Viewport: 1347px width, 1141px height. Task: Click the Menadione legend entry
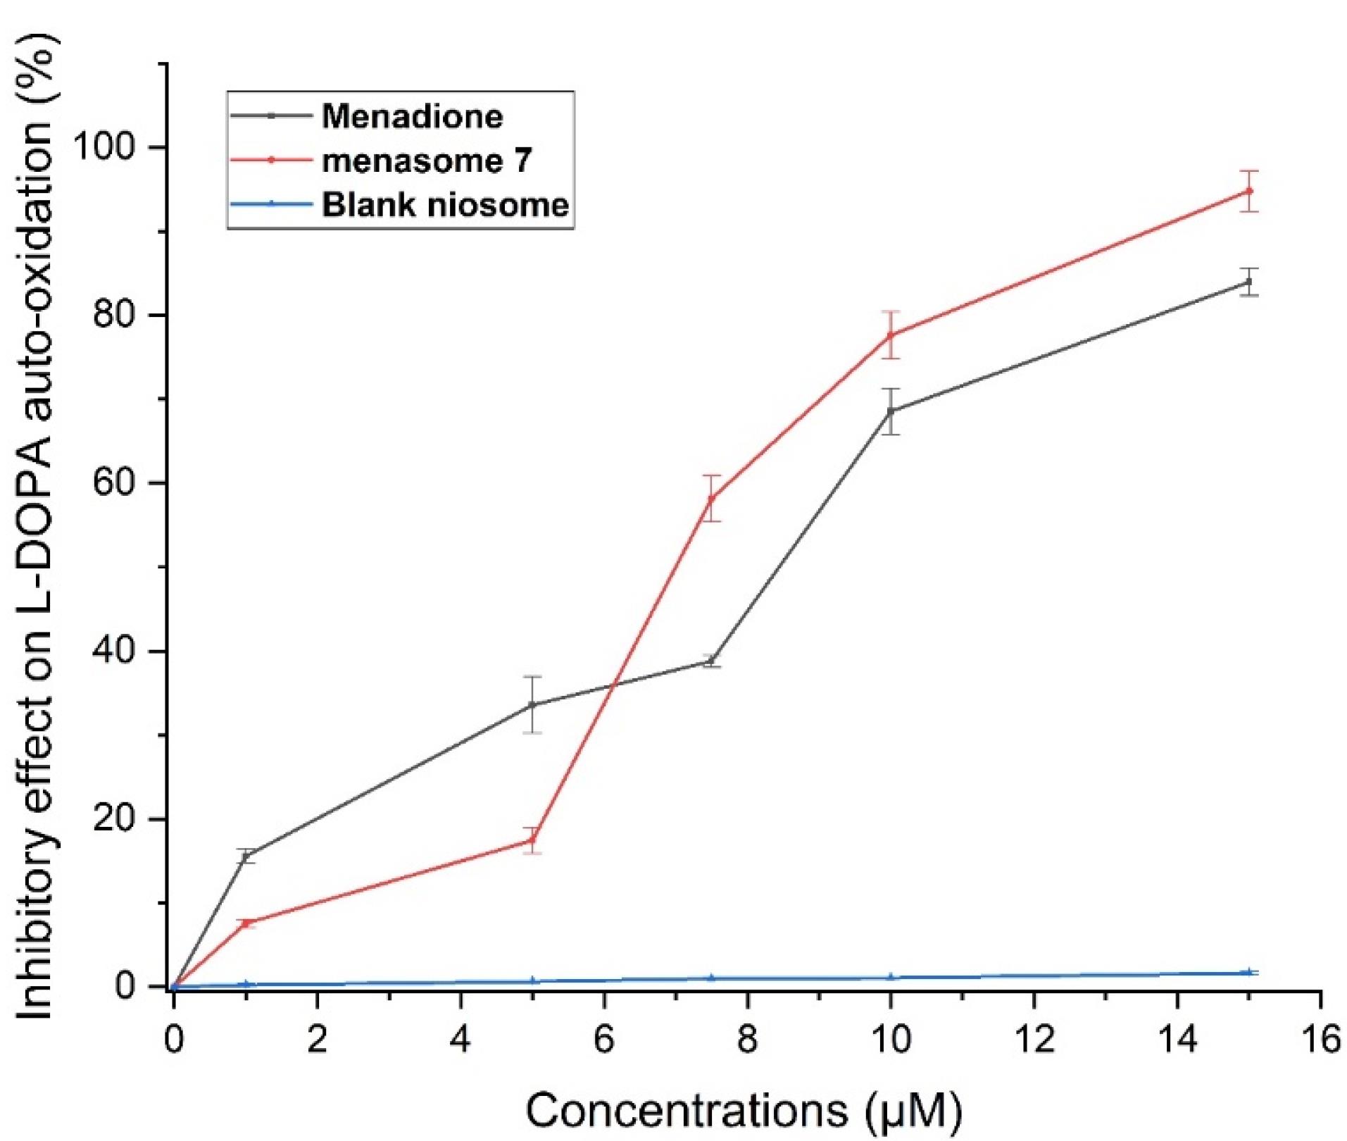(x=412, y=116)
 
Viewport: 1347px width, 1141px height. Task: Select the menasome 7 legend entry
(x=426, y=161)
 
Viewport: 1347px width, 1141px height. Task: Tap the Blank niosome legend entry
(x=445, y=205)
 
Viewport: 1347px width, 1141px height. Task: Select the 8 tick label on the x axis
(x=747, y=1039)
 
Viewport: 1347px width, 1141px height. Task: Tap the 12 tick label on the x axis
(x=1034, y=1039)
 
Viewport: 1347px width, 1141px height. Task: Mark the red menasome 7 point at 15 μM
(x=1249, y=191)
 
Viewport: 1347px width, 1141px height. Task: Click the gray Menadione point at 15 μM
(x=1249, y=282)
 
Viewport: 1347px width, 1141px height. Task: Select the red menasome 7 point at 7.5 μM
(x=711, y=498)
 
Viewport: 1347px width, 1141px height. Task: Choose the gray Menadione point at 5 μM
(x=532, y=704)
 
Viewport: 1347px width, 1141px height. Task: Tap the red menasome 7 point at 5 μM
(x=532, y=840)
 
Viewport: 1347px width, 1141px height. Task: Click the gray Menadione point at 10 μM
(x=891, y=411)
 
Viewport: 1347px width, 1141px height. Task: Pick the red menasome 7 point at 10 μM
(x=891, y=335)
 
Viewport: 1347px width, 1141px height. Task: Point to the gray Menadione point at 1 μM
(x=246, y=856)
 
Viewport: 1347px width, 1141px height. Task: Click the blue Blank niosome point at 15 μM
(x=1249, y=972)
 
